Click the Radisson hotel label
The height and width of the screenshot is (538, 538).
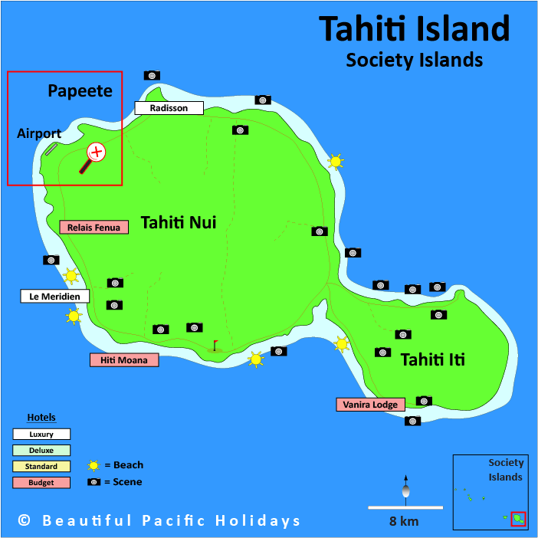point(169,108)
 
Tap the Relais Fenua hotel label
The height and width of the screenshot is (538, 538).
point(93,227)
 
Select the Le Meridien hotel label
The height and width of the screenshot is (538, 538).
point(54,296)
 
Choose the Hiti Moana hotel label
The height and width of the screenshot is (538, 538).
point(124,359)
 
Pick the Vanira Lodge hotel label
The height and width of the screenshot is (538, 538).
point(370,404)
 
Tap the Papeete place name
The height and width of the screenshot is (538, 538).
point(80,91)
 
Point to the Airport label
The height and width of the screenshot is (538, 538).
point(39,133)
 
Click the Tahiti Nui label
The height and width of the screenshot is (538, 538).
point(178,223)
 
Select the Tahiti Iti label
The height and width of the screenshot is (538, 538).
point(433,359)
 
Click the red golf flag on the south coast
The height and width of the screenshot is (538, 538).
point(215,345)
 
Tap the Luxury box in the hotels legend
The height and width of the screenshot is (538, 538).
point(41,434)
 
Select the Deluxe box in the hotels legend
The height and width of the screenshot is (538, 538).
point(41,450)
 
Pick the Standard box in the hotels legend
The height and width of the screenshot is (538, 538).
point(41,466)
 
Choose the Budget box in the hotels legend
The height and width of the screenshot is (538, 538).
point(41,482)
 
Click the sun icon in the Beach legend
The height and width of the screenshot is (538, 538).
point(94,465)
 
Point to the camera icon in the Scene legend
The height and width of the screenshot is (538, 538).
point(94,482)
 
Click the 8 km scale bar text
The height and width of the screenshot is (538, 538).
point(403,521)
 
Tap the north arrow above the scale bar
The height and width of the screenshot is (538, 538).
point(405,487)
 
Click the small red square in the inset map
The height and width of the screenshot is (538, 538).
point(518,519)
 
